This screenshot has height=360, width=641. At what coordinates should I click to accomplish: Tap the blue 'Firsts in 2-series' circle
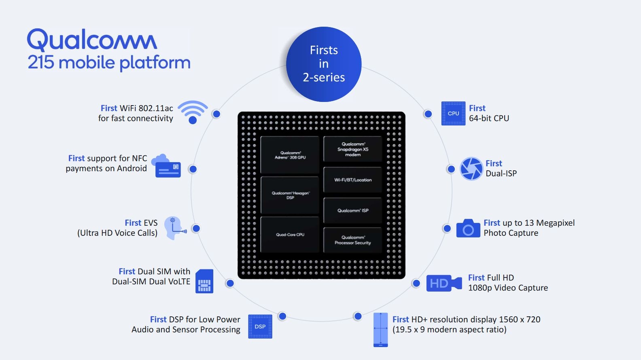click(324, 64)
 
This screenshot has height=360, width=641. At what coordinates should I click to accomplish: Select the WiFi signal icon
click(193, 112)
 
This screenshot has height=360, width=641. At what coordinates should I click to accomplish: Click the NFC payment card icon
click(166, 166)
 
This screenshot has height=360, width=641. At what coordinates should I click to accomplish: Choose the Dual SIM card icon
click(204, 281)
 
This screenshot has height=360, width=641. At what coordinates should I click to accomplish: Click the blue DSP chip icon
click(260, 326)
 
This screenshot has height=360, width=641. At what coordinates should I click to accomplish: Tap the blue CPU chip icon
click(453, 113)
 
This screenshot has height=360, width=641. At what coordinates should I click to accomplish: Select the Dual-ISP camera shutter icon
click(471, 169)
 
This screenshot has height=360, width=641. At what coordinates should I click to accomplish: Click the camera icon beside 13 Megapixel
click(468, 229)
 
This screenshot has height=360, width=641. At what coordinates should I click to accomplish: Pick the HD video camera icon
click(444, 283)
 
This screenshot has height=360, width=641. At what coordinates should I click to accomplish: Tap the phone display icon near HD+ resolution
click(380, 330)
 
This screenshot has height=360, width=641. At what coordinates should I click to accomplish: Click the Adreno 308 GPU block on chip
click(290, 155)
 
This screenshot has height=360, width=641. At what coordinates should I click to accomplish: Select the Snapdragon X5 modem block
click(353, 149)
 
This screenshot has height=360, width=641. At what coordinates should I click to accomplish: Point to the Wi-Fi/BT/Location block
click(353, 180)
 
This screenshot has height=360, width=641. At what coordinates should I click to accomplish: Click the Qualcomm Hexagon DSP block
click(290, 195)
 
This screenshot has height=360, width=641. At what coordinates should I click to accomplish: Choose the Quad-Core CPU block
click(290, 235)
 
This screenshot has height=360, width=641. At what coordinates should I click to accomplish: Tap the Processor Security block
click(353, 240)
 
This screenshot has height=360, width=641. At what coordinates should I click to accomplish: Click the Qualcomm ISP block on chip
click(353, 210)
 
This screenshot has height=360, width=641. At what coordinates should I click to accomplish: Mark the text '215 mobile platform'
click(109, 63)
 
